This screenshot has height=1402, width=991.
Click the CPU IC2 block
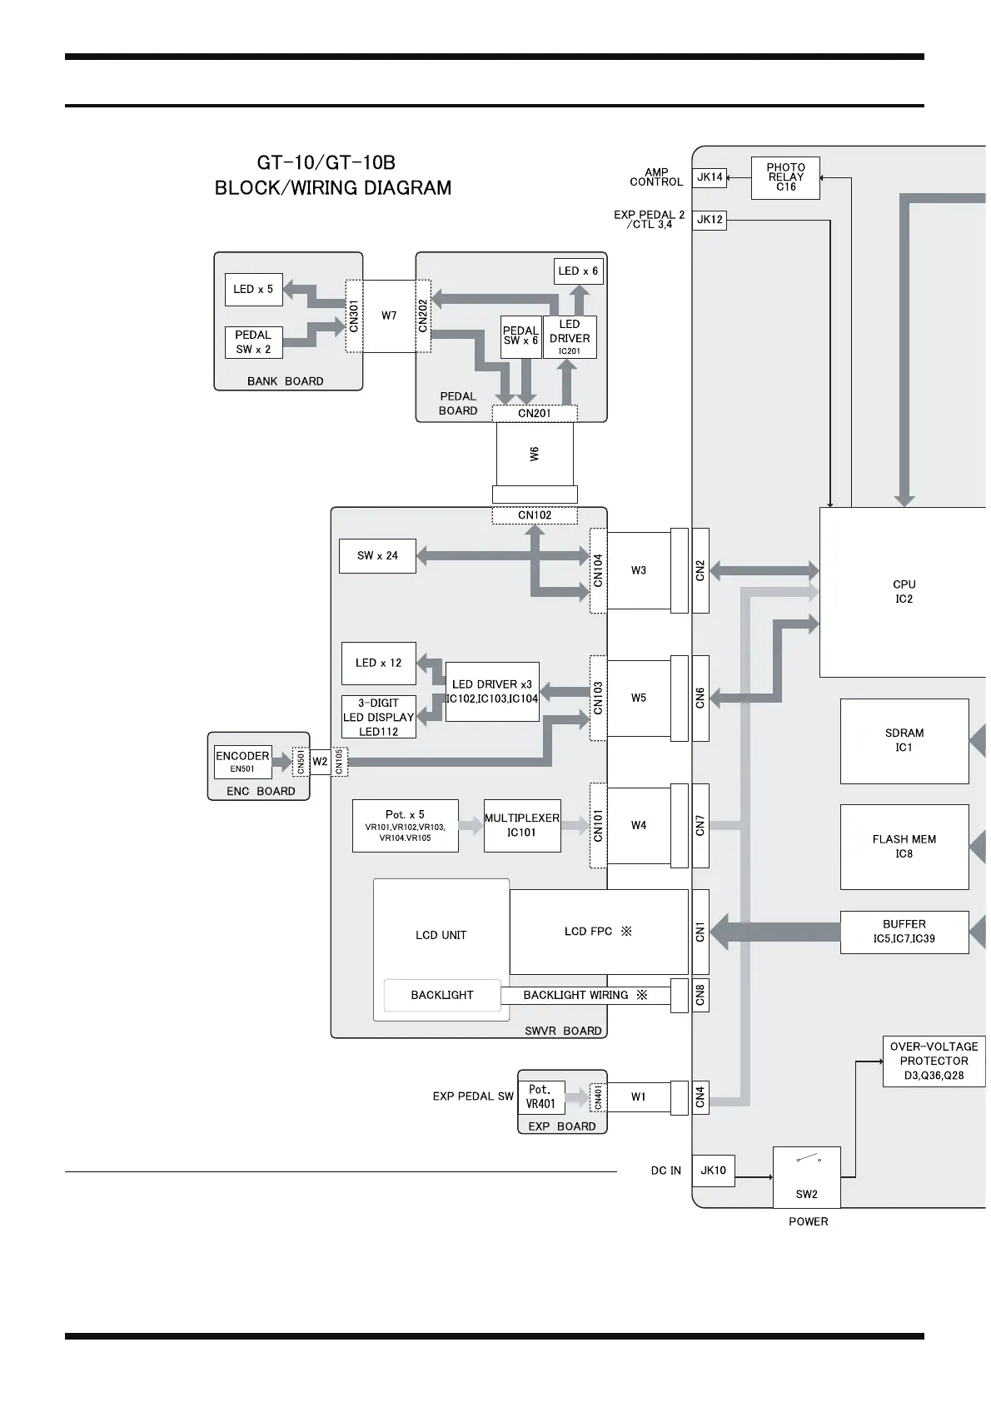pyautogui.click(x=904, y=591)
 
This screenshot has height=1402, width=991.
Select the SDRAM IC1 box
pyautogui.click(x=904, y=740)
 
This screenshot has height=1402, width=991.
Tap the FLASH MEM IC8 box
pyautogui.click(x=904, y=846)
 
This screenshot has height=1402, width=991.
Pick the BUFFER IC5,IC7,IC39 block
pyautogui.click(x=904, y=932)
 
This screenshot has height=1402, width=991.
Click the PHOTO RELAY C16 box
pyautogui.click(x=785, y=177)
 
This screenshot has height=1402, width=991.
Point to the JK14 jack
pyautogui.click(x=710, y=176)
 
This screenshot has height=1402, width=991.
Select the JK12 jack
pyautogui.click(x=710, y=220)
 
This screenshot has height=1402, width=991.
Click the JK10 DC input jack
pyautogui.click(x=713, y=1170)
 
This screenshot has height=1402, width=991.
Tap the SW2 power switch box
pyautogui.click(x=806, y=1176)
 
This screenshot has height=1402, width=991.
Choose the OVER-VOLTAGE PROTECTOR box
pyautogui.click(x=934, y=1061)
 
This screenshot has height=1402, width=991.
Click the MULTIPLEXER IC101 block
pyautogui.click(x=522, y=825)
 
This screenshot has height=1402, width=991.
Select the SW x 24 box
pyautogui.click(x=377, y=555)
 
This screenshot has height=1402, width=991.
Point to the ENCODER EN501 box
pyautogui.click(x=242, y=761)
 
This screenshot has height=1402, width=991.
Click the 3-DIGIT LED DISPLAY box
pyautogui.click(x=379, y=717)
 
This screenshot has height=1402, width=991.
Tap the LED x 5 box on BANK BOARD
pyautogui.click(x=253, y=289)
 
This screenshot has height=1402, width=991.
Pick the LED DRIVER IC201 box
pyautogui.click(x=570, y=336)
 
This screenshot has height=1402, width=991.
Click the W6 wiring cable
pyautogui.click(x=535, y=454)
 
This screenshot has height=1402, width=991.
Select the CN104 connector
pyautogui.click(x=598, y=570)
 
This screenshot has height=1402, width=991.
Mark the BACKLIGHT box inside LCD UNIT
pyautogui.click(x=442, y=995)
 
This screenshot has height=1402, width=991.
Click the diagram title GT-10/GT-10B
pyautogui.click(x=326, y=162)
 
